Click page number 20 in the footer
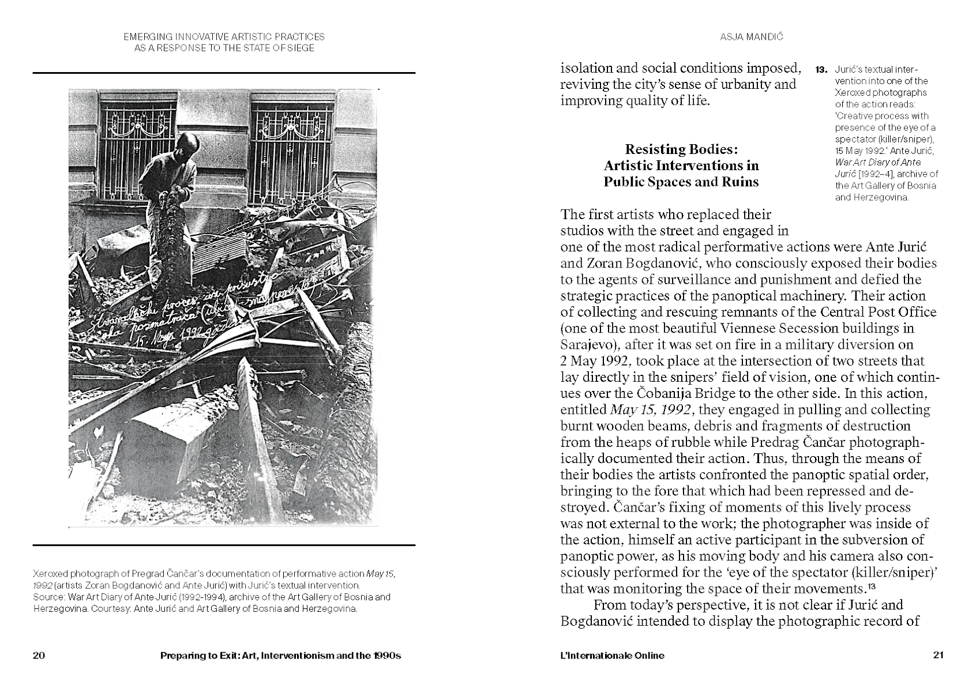[x=39, y=655]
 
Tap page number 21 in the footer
[x=938, y=655]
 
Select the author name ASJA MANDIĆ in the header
[x=744, y=37]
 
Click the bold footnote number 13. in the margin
[x=821, y=70]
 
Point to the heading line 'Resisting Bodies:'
[x=681, y=149]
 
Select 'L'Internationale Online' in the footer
[x=612, y=655]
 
